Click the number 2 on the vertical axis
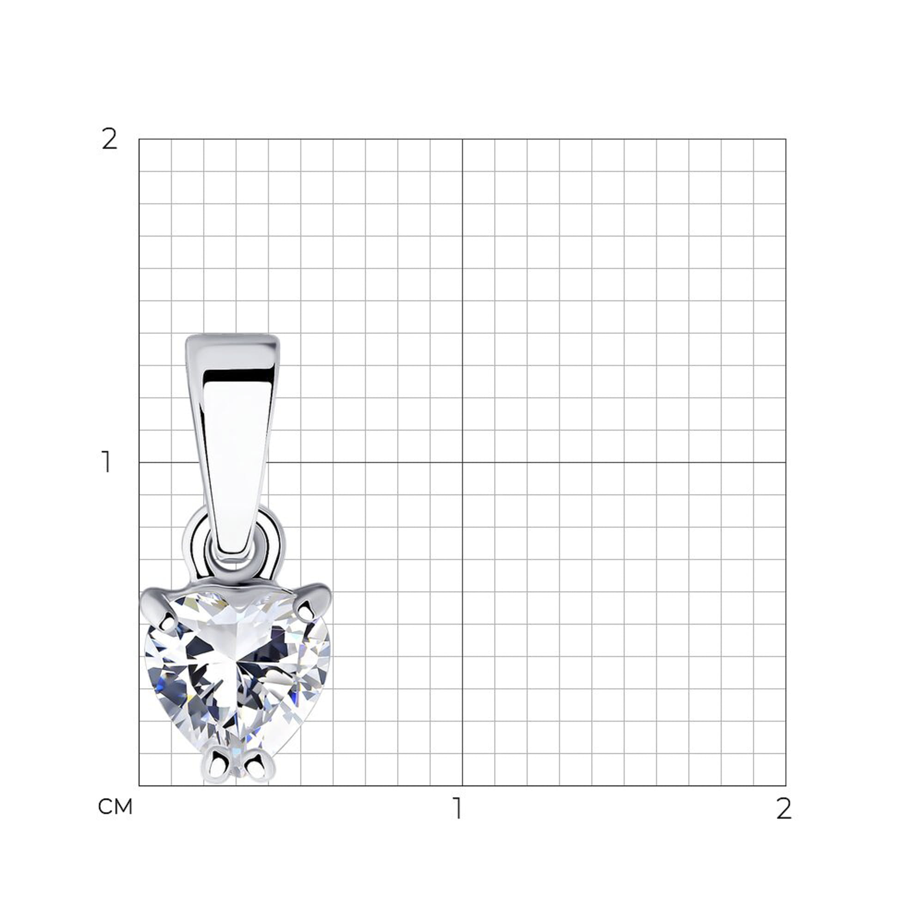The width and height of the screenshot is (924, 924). point(109,140)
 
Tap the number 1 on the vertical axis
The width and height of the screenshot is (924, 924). point(107,462)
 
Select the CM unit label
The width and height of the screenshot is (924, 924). point(115,807)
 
